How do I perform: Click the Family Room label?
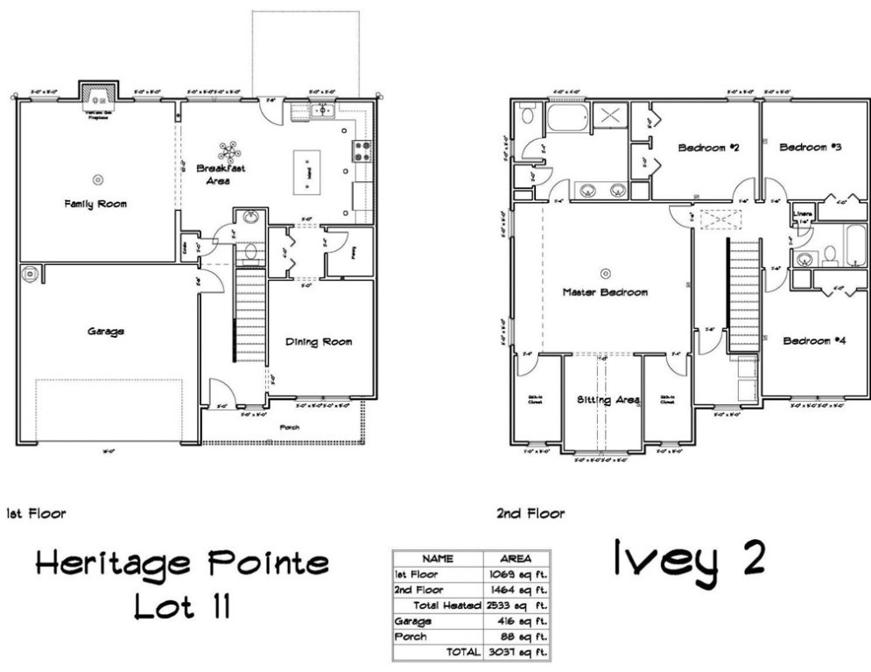tap(95, 204)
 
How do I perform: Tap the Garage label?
tap(105, 332)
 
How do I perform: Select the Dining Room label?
tap(319, 341)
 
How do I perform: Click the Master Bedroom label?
tap(605, 292)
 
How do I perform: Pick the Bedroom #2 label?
tap(709, 148)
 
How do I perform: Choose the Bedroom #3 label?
tap(811, 148)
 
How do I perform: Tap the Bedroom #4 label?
tap(813, 340)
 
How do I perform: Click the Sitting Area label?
tap(608, 400)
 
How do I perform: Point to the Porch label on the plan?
tap(289, 428)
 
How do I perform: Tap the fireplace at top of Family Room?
tap(96, 94)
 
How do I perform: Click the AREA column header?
tap(513, 556)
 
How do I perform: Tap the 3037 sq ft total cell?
tap(513, 652)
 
